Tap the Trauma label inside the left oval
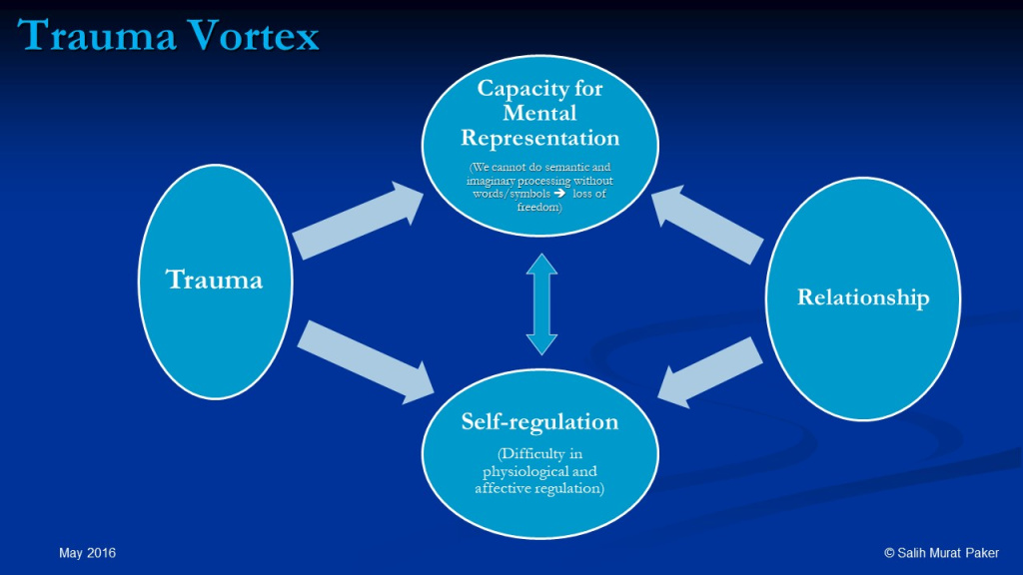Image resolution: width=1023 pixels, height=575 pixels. [215, 280]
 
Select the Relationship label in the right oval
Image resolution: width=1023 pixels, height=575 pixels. [862, 297]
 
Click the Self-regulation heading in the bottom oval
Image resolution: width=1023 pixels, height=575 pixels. [539, 421]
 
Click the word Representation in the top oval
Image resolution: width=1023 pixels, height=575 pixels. [539, 137]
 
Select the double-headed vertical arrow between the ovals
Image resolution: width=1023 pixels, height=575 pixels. [540, 303]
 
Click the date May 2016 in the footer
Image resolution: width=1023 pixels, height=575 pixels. [86, 553]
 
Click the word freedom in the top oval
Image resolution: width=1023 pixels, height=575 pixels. [539, 207]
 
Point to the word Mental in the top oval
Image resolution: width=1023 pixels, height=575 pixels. [539, 112]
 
